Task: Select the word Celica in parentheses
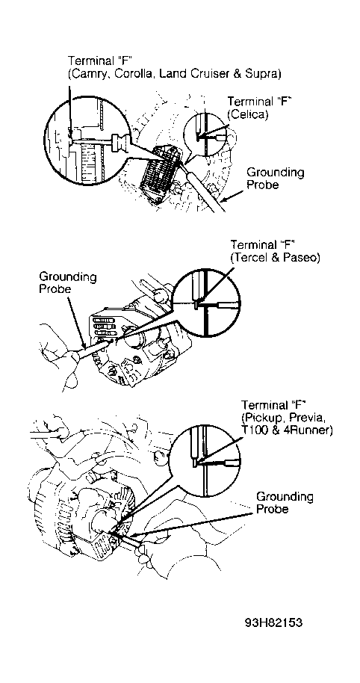[248, 114]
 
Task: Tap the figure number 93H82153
[273, 623]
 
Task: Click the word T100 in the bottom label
[255, 431]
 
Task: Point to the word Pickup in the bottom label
[264, 418]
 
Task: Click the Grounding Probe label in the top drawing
[275, 178]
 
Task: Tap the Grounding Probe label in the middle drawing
[68, 282]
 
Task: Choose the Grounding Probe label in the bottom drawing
[285, 503]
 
